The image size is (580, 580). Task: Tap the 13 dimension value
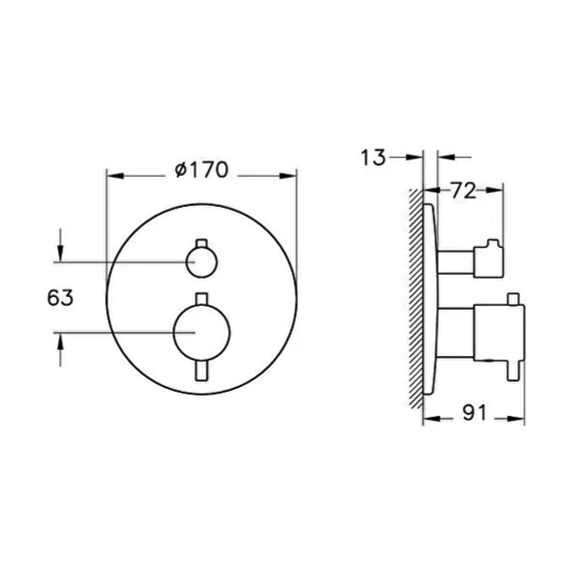click(374, 158)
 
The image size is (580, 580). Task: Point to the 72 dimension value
click(462, 190)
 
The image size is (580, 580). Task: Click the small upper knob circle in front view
click(200, 262)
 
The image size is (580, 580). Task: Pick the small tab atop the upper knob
click(200, 244)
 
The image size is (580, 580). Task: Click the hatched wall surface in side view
click(416, 294)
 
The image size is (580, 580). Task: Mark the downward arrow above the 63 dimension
click(60, 253)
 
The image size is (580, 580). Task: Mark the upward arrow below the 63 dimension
click(60, 342)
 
